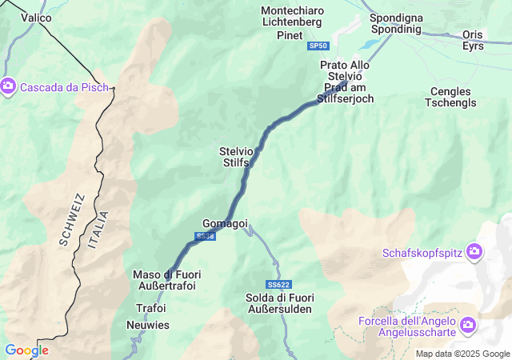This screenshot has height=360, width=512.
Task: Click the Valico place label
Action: tap(36, 17)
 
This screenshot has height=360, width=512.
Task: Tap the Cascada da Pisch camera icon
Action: tap(9, 85)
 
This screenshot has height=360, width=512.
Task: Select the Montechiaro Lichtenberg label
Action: tap(292, 16)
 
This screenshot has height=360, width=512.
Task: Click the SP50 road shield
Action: tap(318, 46)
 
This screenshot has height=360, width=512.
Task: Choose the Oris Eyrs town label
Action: tap(473, 40)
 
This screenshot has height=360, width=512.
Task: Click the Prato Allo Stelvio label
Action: tap(345, 70)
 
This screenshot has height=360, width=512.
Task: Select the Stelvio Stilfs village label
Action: tap(235, 156)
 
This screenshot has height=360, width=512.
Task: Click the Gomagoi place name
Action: tap(225, 223)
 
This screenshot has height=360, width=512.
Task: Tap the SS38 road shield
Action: tap(205, 237)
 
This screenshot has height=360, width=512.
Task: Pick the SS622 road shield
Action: tap(278, 285)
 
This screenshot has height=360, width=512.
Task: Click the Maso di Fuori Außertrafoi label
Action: tap(166, 280)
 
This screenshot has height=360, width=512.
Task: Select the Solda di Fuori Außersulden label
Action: tap(280, 303)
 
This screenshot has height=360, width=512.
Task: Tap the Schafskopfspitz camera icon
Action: tap(475, 253)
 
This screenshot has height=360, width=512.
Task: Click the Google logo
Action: tap(26, 350)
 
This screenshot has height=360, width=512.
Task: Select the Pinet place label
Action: tap(289, 36)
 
